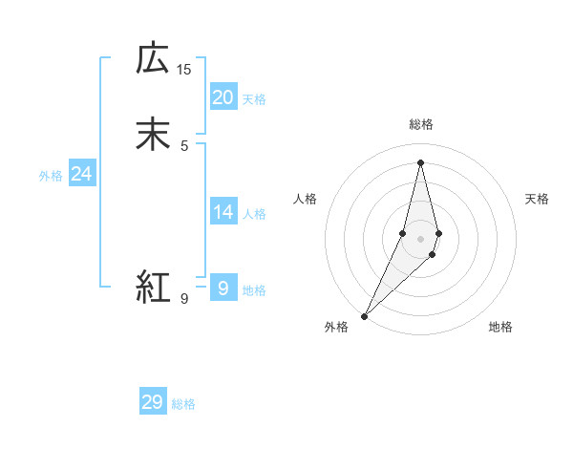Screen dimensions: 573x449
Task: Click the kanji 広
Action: click(x=154, y=59)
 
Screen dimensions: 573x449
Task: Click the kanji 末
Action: click(x=154, y=134)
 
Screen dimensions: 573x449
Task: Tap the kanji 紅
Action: click(x=154, y=287)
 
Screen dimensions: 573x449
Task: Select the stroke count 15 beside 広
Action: click(x=184, y=70)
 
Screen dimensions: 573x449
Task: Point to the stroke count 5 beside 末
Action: click(x=184, y=145)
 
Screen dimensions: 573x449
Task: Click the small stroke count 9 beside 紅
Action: click(x=184, y=299)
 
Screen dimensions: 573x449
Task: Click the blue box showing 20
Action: click(x=223, y=97)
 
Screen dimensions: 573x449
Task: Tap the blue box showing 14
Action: click(x=223, y=212)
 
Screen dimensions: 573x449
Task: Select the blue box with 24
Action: click(x=81, y=174)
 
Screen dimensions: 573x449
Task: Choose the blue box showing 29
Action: click(x=152, y=402)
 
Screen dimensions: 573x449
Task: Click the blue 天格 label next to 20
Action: click(x=254, y=99)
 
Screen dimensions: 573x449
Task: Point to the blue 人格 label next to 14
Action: click(x=254, y=214)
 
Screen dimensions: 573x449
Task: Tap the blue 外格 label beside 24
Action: click(x=51, y=176)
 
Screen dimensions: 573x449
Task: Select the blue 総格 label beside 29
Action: click(x=183, y=404)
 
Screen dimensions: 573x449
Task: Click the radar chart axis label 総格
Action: click(x=420, y=124)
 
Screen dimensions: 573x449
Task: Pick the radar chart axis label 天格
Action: click(x=538, y=199)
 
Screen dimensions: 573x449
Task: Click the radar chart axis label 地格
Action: click(x=500, y=328)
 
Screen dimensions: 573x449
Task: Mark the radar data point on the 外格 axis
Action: click(x=364, y=315)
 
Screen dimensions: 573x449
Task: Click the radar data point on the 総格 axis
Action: click(x=420, y=161)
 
